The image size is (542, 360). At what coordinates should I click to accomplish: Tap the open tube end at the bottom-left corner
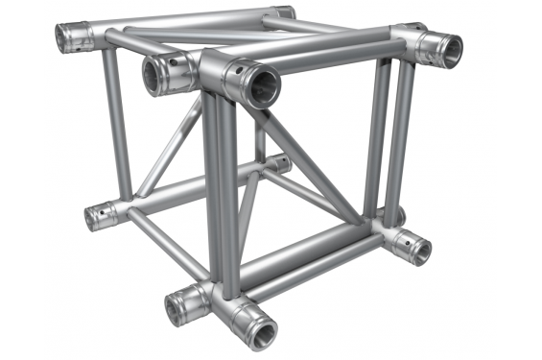[97, 216]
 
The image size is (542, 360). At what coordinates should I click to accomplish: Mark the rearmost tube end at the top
[282, 14]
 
